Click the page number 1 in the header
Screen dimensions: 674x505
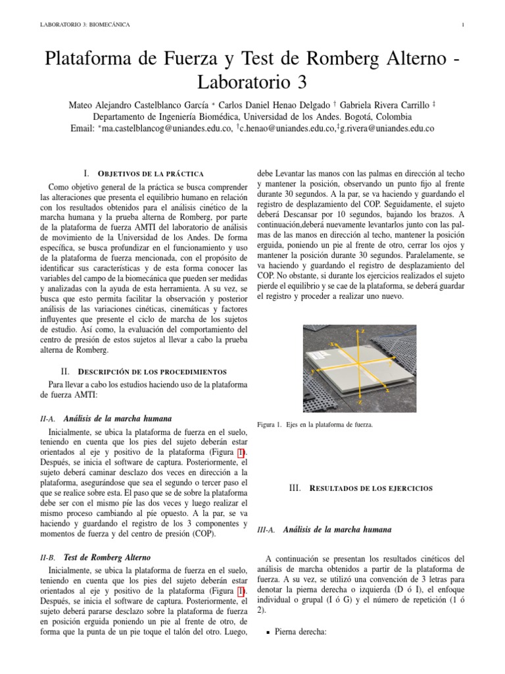point(464,25)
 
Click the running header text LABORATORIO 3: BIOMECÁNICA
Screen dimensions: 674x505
point(85,25)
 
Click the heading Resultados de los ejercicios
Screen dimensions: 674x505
point(360,488)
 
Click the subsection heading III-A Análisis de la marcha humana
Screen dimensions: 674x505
point(335,529)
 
